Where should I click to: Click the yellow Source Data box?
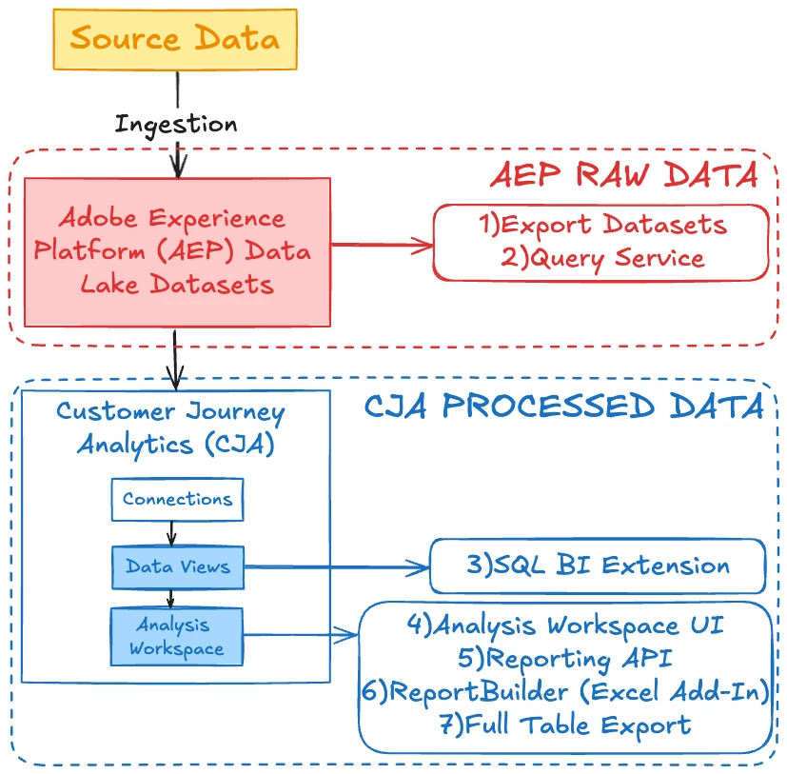(x=175, y=39)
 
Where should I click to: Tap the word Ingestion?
(x=176, y=124)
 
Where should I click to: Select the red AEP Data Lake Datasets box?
(x=177, y=251)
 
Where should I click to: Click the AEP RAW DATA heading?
(x=623, y=176)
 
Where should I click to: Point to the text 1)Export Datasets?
(x=601, y=226)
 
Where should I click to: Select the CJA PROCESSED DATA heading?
(x=564, y=407)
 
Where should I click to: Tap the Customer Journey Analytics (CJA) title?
(x=170, y=427)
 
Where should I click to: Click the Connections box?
(x=177, y=500)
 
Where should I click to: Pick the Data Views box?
(x=177, y=567)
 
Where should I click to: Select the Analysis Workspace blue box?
(x=177, y=637)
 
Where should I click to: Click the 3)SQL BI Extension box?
(x=598, y=566)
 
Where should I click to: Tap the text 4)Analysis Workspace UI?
(x=565, y=625)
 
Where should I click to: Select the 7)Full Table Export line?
(x=565, y=725)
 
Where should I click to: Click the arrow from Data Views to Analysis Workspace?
(x=172, y=599)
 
